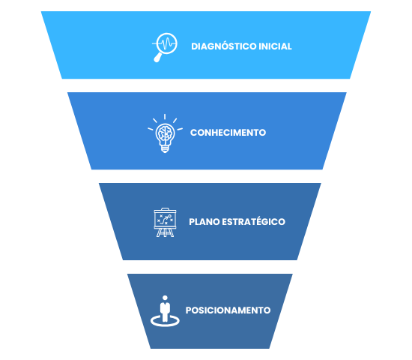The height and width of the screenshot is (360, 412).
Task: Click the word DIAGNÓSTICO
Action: (x=224, y=46)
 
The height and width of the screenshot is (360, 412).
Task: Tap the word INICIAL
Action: (x=275, y=46)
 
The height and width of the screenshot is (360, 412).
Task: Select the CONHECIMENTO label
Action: (x=228, y=132)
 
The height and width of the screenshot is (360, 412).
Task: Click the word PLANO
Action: (x=205, y=222)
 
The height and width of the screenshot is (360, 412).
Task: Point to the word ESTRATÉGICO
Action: (x=253, y=221)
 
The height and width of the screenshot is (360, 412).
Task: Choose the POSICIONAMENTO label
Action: (x=228, y=310)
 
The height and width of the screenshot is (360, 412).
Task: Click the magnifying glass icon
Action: (x=165, y=47)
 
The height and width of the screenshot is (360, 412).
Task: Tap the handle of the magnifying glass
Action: (x=157, y=58)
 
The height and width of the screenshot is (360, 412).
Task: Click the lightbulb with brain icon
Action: (x=165, y=133)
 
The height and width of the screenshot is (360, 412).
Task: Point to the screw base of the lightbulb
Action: (x=165, y=149)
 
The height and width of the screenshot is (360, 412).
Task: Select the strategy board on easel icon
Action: (x=165, y=222)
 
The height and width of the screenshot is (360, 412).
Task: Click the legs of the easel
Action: (x=165, y=232)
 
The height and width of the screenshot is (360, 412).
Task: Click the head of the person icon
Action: (x=165, y=298)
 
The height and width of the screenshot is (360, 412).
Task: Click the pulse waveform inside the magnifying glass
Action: (x=166, y=43)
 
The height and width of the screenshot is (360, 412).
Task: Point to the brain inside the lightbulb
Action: (x=165, y=133)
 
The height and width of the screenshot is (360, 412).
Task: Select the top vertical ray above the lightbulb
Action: (x=165, y=117)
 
